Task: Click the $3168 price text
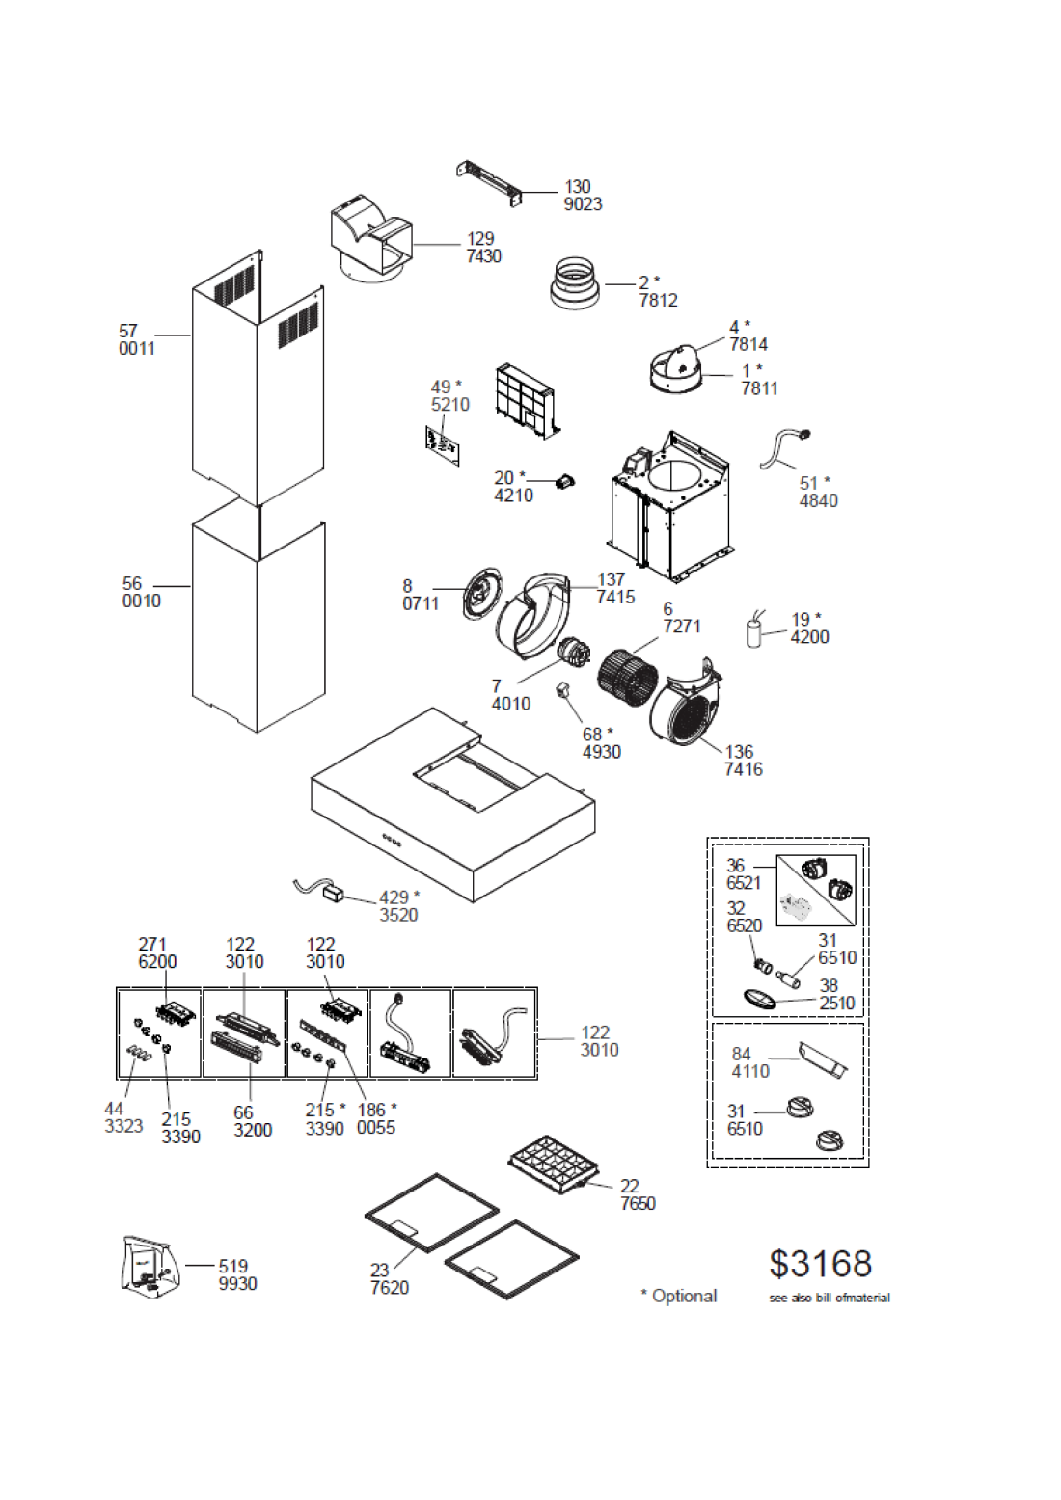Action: [x=820, y=1264]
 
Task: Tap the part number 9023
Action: [x=583, y=204]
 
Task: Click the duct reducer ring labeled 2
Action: [x=576, y=284]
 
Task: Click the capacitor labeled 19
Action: [x=755, y=630]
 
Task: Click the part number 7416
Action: [x=743, y=769]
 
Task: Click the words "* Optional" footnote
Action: [x=678, y=1296]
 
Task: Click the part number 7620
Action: [x=390, y=1288]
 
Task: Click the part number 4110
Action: [x=750, y=1071]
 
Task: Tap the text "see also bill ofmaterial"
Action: [x=830, y=1298]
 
